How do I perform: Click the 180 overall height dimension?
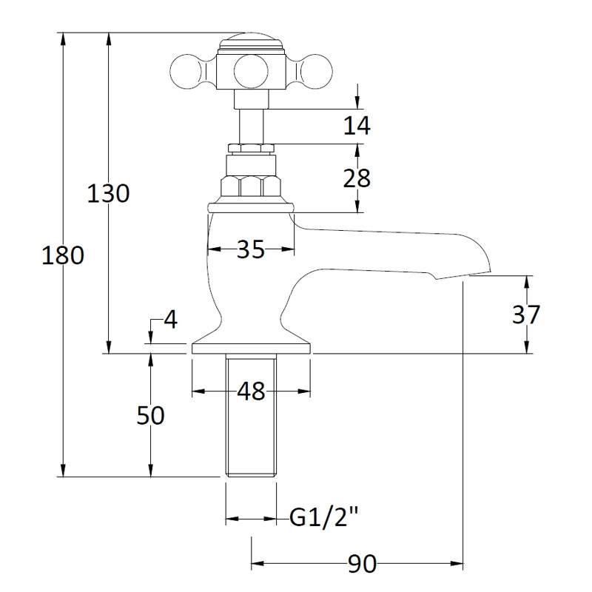[63, 255]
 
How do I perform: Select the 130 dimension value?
[108, 193]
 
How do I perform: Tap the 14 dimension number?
[357, 126]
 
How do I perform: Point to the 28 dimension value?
[357, 178]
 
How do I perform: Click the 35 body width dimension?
[251, 249]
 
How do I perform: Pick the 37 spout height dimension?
[526, 314]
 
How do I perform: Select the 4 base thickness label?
[171, 320]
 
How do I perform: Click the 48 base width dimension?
[251, 391]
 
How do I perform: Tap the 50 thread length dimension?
[150, 415]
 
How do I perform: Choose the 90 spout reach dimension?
[363, 564]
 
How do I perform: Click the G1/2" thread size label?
[323, 517]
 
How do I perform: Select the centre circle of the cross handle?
[251, 71]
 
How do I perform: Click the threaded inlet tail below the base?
[251, 415]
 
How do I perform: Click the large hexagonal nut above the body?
[251, 186]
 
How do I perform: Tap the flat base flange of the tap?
[251, 349]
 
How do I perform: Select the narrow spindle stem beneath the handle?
[251, 126]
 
